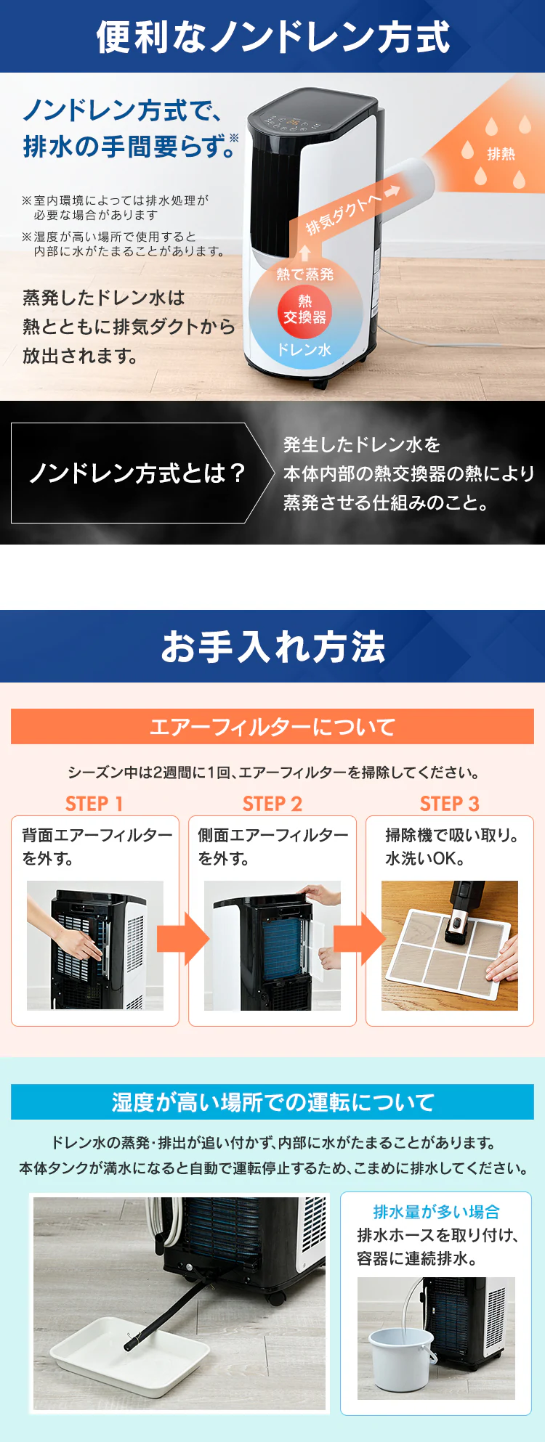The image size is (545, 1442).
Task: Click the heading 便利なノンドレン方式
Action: pyautogui.click(x=272, y=37)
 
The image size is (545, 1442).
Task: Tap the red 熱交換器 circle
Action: pyautogui.click(x=304, y=310)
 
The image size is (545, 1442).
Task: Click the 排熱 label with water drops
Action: pyautogui.click(x=501, y=153)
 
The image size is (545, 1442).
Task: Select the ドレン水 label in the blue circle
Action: pyautogui.click(x=304, y=349)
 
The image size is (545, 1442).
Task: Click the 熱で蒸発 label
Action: pyautogui.click(x=304, y=274)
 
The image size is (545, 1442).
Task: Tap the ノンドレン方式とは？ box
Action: pyautogui.click(x=137, y=473)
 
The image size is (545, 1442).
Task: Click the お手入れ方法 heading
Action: pyautogui.click(x=272, y=646)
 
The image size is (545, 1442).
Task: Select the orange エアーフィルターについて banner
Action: pyautogui.click(x=272, y=727)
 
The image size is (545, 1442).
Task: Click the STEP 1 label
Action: pyautogui.click(x=94, y=804)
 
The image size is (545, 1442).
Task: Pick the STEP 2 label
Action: pyautogui.click(x=272, y=804)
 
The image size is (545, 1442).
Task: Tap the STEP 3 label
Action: pyautogui.click(x=449, y=804)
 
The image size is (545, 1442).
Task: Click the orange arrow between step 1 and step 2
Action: pyautogui.click(x=182, y=938)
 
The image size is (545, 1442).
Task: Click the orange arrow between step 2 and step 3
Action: pyautogui.click(x=360, y=938)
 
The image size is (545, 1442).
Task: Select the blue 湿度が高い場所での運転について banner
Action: pyautogui.click(x=272, y=1102)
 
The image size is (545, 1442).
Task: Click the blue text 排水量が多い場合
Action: pyautogui.click(x=436, y=1212)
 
